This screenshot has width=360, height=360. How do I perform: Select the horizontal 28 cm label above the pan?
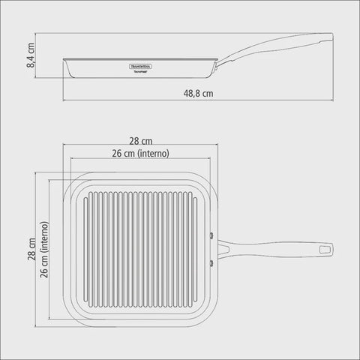140,141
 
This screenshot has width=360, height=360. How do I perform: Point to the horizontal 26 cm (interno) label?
140,153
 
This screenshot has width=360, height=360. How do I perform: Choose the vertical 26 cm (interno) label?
45,249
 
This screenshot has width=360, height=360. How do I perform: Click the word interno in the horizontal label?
156,153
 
